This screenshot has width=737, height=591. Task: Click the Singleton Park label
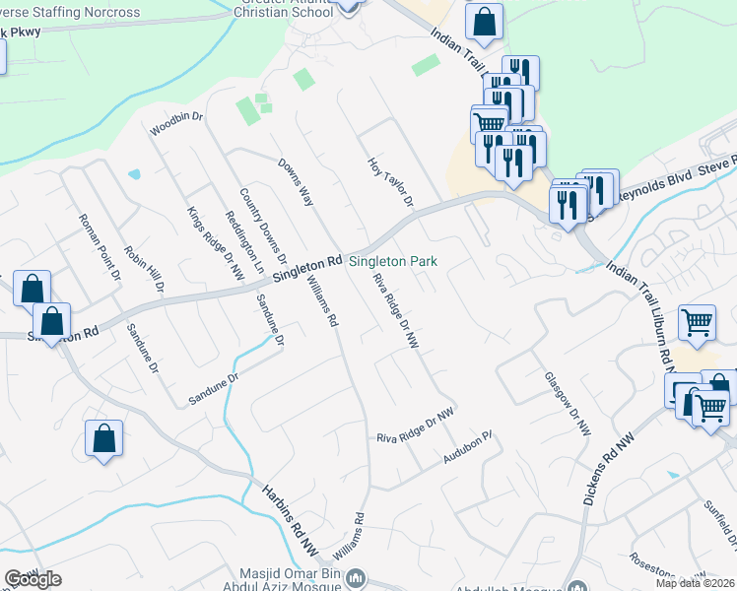click(393, 262)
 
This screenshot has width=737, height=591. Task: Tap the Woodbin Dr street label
click(175, 124)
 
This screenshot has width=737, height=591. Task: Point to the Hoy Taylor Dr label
click(389, 181)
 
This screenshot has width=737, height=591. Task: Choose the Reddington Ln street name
click(245, 242)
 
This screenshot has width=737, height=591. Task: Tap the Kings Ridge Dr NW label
click(215, 243)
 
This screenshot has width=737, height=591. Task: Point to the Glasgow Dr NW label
click(568, 404)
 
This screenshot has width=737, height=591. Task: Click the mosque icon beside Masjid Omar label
click(360, 576)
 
